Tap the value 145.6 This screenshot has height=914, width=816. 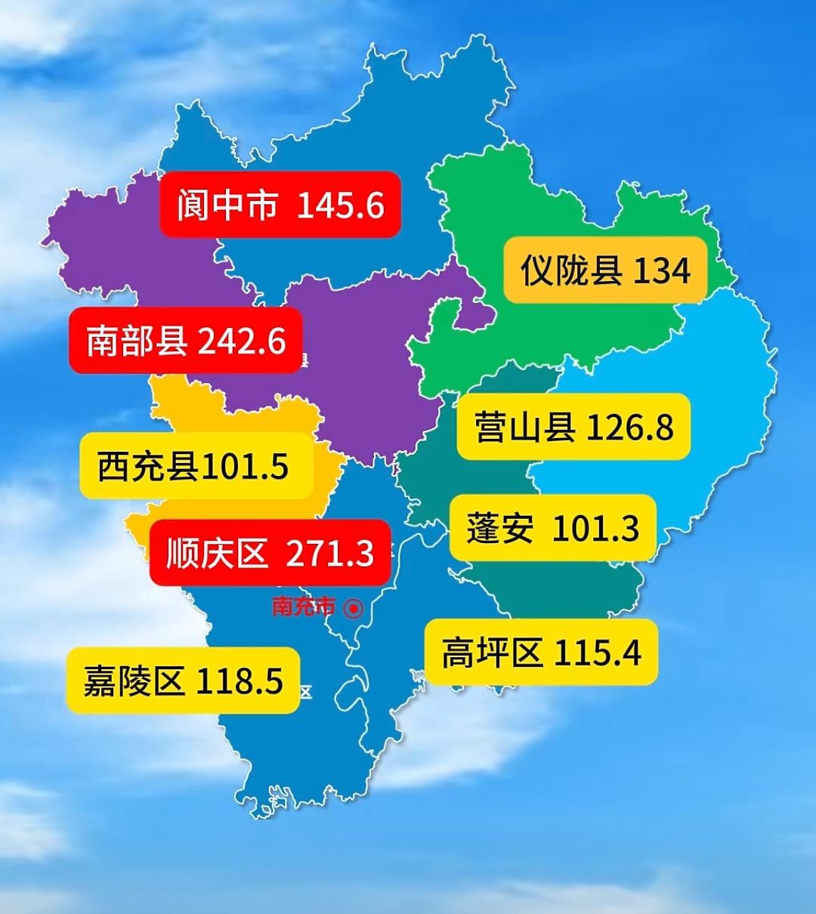[x=340, y=205]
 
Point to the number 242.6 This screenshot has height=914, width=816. [x=242, y=341]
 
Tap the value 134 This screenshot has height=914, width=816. [x=661, y=271]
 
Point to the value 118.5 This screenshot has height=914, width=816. [x=240, y=681]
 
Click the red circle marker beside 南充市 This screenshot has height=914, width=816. [x=353, y=607]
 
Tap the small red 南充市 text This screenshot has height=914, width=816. [x=303, y=607]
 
